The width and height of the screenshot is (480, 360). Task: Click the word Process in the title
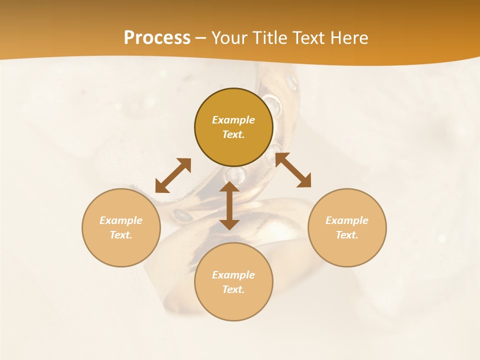pyautogui.click(x=157, y=38)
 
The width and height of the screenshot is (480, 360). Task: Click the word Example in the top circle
pyautogui.click(x=233, y=120)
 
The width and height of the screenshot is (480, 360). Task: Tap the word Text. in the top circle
pyautogui.click(x=233, y=134)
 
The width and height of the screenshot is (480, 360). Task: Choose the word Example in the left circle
pyautogui.click(x=121, y=220)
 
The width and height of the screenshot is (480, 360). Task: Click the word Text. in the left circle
pyautogui.click(x=121, y=235)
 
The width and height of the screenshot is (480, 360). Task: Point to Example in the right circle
pyautogui.click(x=347, y=220)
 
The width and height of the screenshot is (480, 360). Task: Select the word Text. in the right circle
pyautogui.click(x=347, y=235)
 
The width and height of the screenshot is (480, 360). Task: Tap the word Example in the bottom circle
pyautogui.click(x=233, y=275)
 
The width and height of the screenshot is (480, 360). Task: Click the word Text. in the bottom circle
pyautogui.click(x=233, y=289)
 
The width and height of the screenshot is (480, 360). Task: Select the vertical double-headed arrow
pyautogui.click(x=229, y=205)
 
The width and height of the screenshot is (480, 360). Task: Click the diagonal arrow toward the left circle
pyautogui.click(x=173, y=175)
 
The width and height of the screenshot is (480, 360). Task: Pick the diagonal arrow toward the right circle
pyautogui.click(x=293, y=170)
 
